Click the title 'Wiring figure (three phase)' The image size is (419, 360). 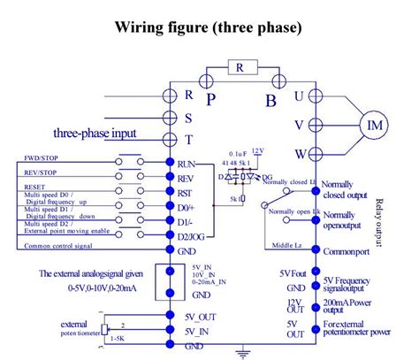pos(209,27)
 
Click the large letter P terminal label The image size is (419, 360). pos(210,99)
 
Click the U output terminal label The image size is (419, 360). pos(300,95)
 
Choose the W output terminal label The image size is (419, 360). pos(300,154)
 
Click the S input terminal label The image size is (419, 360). pos(188,116)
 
